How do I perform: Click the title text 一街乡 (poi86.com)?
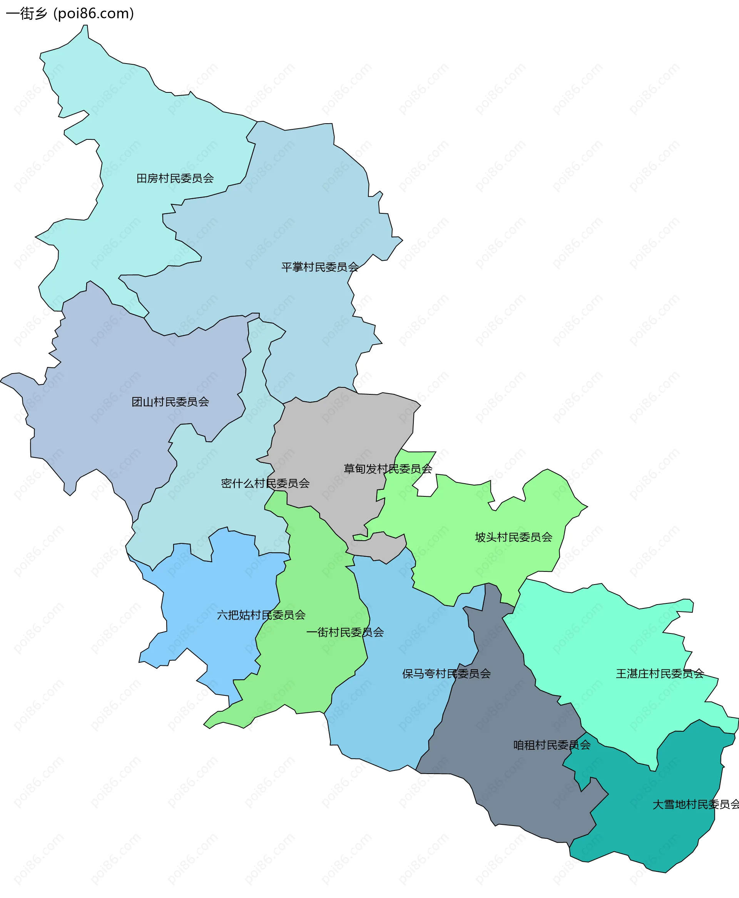pos(70,13)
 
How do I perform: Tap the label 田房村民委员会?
pos(175,178)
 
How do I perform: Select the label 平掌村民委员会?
pos(320,267)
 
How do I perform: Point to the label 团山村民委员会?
pos(170,402)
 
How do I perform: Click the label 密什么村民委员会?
pos(265,483)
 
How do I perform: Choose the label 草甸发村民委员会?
pos(388,469)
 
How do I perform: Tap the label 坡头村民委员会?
pos(513,537)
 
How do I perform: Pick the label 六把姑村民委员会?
pos(261,615)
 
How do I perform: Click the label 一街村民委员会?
pos(345,632)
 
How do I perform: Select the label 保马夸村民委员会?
pos(446,673)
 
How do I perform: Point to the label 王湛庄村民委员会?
pos(660,673)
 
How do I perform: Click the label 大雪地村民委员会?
pos(696,804)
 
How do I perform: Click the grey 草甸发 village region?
pos(341,434)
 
